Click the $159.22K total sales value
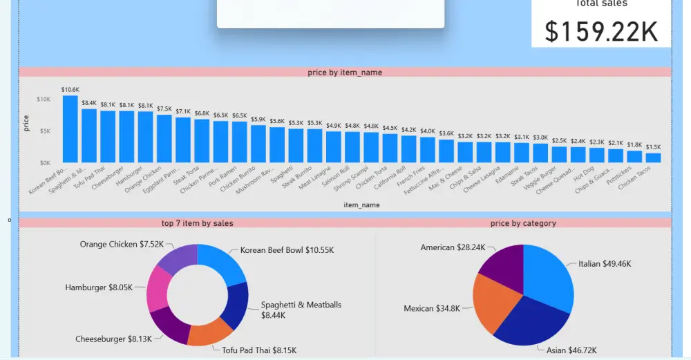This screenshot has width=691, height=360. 601,32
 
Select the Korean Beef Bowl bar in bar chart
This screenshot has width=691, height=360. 70,129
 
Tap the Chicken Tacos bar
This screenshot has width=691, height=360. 653,158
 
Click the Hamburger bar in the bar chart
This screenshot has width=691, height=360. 145,137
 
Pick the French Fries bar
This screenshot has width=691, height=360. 428,149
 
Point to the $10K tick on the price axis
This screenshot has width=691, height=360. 44,100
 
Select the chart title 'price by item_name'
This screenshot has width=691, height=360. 345,73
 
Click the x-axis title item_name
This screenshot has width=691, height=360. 361,205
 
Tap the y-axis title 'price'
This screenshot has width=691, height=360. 26,124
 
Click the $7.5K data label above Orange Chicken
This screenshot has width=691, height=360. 164,108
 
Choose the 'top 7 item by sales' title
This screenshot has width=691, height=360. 197,223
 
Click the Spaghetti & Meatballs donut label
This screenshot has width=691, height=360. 301,310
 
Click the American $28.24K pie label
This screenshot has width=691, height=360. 453,247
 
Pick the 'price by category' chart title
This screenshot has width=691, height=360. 523,223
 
